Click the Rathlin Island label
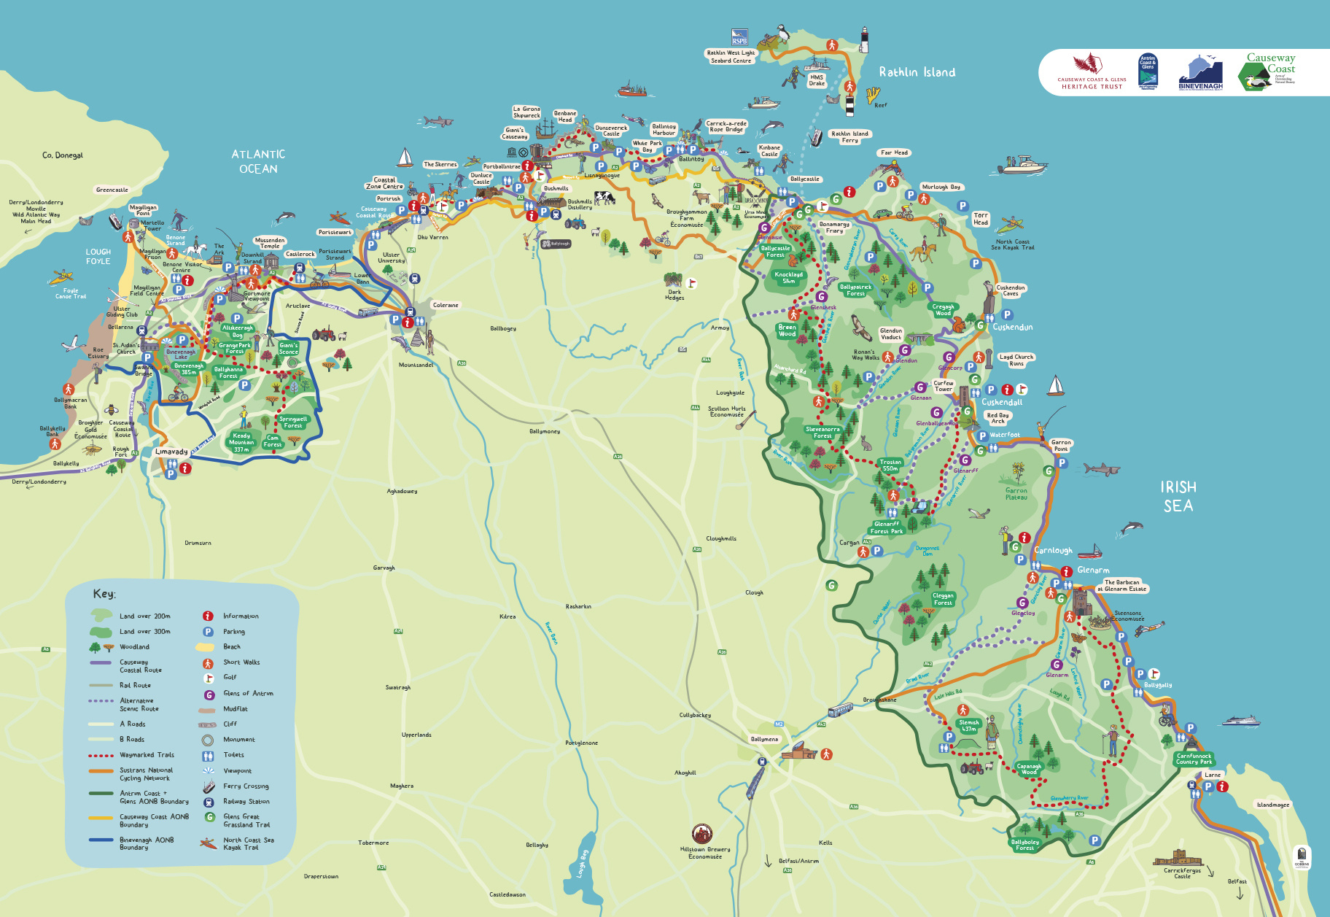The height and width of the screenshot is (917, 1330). [917, 72]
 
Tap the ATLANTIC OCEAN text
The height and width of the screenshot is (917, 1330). [258, 161]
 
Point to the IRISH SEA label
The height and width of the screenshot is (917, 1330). [1178, 496]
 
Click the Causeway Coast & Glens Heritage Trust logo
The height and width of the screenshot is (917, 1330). [1092, 72]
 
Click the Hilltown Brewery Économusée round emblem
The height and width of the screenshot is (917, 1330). [701, 833]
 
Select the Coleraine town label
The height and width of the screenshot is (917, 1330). [446, 305]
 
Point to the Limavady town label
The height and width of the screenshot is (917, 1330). [171, 452]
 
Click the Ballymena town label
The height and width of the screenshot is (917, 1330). [764, 739]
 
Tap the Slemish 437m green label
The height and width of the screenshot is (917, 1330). [968, 725]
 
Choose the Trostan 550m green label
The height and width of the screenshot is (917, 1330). [890, 465]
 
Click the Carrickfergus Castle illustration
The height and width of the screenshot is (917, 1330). [1177, 858]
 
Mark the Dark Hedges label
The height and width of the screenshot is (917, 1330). [674, 295]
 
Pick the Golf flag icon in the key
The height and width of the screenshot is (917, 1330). [209, 677]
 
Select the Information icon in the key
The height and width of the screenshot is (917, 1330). [208, 616]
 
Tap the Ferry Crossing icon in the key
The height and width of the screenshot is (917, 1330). [209, 786]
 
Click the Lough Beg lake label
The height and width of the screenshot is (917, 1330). [582, 864]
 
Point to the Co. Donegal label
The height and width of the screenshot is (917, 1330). [63, 155]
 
